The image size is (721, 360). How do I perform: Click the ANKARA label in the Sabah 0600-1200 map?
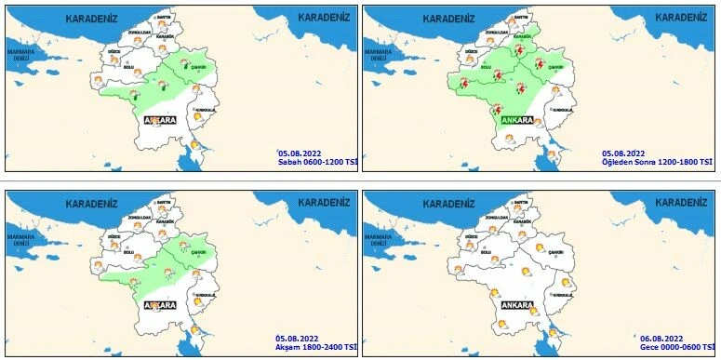pos(159,120)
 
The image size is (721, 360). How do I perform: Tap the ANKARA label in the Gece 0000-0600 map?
pos(516,304)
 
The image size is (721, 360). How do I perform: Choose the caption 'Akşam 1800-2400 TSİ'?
pos(316,346)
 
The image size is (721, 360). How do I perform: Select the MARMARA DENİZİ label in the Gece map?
pos(377,239)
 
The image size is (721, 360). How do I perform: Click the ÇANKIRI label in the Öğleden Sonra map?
pos(556,67)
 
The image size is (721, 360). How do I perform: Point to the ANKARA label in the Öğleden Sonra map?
pos(516,120)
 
